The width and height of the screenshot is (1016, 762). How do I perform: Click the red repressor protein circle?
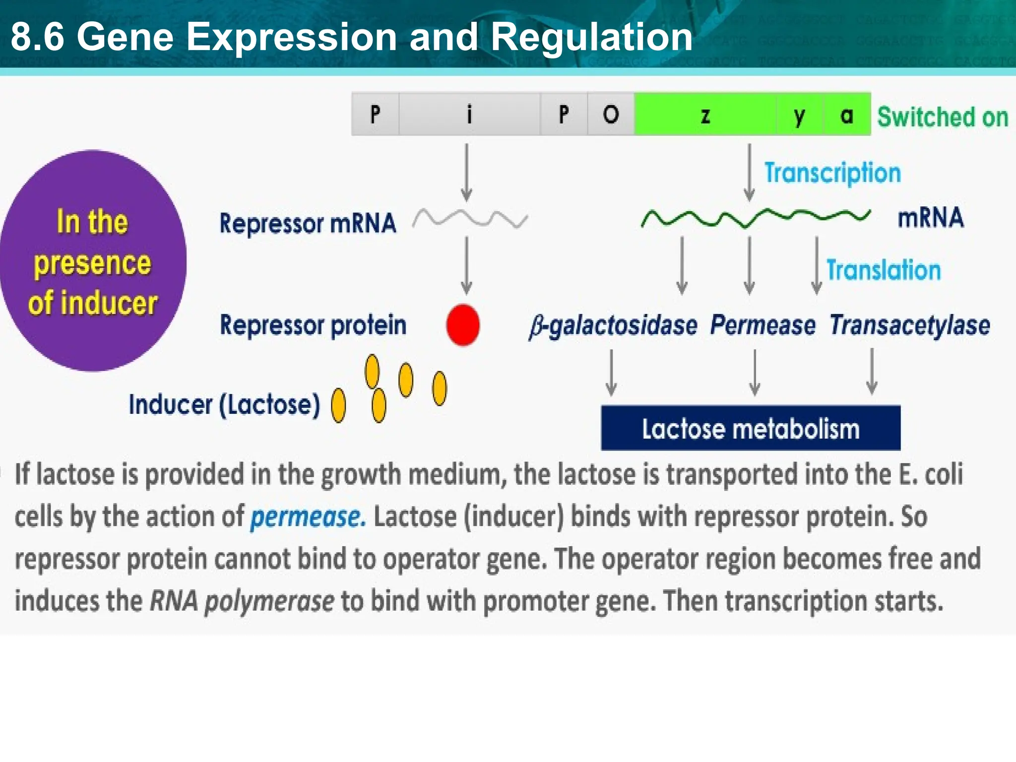462,325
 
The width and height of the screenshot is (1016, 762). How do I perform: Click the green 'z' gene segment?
705,115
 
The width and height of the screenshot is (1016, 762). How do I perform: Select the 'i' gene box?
469,115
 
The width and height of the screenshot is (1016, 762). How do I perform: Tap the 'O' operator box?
611,115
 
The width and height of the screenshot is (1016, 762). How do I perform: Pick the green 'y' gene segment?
799,115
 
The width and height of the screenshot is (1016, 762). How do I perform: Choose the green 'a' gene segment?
846,115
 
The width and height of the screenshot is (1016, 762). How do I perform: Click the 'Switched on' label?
942,117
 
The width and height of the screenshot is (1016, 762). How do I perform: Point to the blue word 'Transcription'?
832,173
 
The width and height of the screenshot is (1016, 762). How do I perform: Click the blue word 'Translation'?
883,270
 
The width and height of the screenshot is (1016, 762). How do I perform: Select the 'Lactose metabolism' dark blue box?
750,428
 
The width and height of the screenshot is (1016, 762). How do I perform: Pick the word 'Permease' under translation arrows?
762,325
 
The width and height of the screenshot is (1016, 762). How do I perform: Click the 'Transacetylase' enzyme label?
909,325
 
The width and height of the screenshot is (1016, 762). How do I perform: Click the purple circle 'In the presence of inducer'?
92,261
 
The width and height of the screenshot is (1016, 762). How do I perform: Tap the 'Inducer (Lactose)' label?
224,404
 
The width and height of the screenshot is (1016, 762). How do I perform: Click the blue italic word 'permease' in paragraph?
308,517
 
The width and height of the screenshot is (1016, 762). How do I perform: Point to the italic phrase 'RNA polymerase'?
242,601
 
